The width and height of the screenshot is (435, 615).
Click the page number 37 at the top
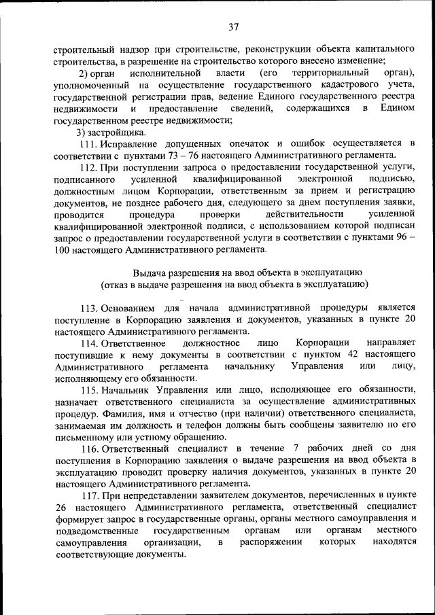pos(233,27)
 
